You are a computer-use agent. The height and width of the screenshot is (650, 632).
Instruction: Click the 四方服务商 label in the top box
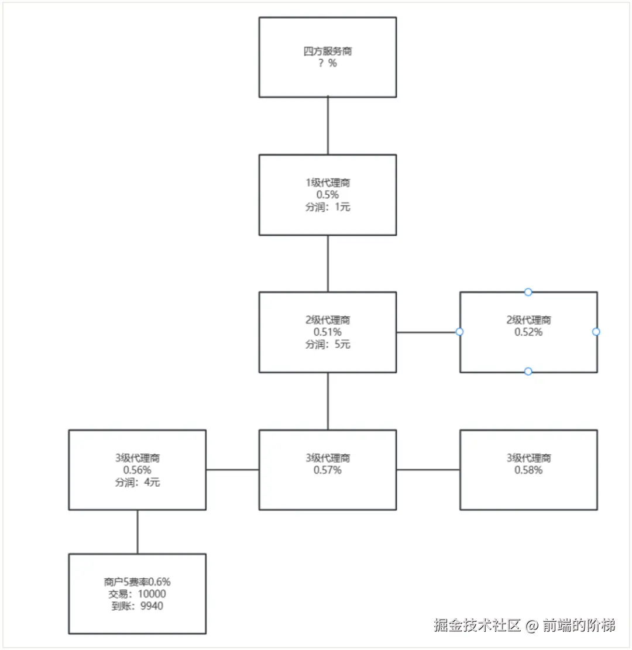point(328,51)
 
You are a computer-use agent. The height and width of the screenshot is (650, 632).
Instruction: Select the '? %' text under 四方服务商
point(328,63)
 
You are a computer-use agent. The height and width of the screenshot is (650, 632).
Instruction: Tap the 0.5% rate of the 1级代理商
point(328,195)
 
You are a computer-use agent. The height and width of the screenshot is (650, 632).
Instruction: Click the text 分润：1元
point(328,207)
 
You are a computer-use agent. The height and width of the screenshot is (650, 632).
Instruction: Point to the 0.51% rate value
point(328,332)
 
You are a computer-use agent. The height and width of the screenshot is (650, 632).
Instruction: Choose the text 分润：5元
point(328,344)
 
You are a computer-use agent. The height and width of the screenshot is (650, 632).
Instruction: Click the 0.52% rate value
point(528,332)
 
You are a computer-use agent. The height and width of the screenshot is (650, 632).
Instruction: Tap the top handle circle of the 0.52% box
point(528,292)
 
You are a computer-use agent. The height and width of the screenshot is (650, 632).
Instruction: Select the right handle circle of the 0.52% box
point(596,332)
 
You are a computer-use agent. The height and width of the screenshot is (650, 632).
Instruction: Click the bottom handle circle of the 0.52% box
point(528,372)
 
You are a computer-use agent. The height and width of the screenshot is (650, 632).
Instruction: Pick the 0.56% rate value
point(138,470)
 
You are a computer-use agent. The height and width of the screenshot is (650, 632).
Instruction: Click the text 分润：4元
point(138,482)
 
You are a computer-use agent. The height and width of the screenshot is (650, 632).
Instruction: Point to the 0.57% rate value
point(328,470)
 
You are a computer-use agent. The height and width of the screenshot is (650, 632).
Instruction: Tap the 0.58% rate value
point(528,470)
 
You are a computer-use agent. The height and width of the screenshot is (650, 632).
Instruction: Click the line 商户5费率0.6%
point(138,582)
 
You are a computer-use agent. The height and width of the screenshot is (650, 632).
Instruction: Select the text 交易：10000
point(138,594)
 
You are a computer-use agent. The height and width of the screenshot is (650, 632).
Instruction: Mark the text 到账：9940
point(138,606)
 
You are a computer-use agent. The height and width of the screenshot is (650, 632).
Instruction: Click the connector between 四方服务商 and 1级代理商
point(328,126)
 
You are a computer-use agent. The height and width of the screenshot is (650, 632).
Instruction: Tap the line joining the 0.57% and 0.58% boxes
point(428,469)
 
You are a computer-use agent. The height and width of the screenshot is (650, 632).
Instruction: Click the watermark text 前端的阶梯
point(579,625)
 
